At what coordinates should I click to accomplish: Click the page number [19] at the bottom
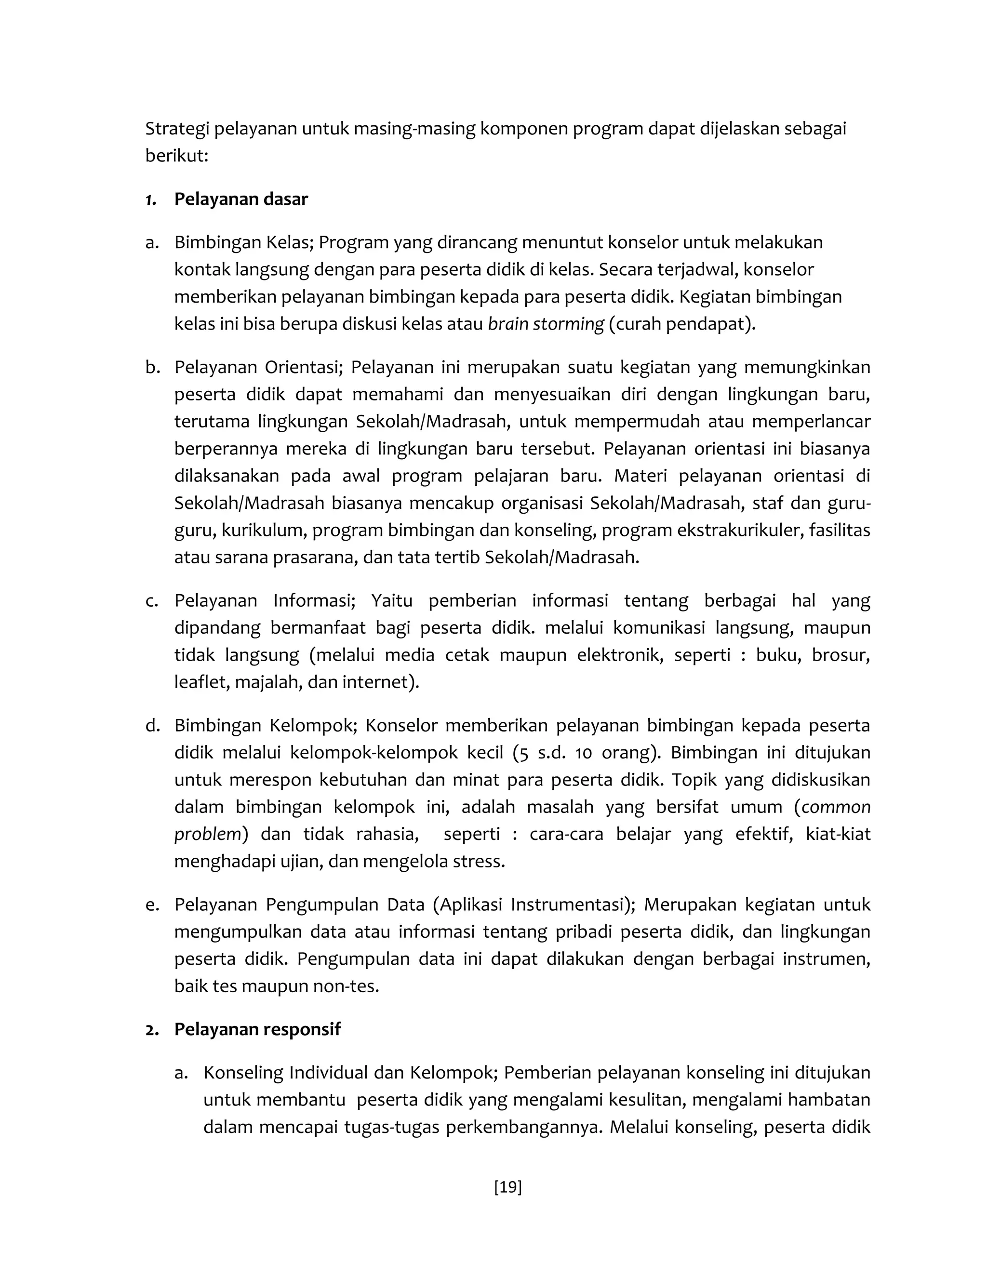tap(507, 1187)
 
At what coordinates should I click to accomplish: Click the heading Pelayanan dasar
tap(240, 200)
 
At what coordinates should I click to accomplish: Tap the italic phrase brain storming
tap(545, 323)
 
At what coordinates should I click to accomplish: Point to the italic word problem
tap(207, 834)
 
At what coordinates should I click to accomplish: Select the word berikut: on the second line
tap(176, 156)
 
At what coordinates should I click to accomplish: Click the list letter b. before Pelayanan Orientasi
tap(153, 367)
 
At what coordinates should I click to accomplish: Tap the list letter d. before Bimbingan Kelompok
tap(153, 726)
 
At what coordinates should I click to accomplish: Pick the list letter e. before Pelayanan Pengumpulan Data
tap(153, 905)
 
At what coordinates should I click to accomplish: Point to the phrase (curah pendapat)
tap(682, 323)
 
